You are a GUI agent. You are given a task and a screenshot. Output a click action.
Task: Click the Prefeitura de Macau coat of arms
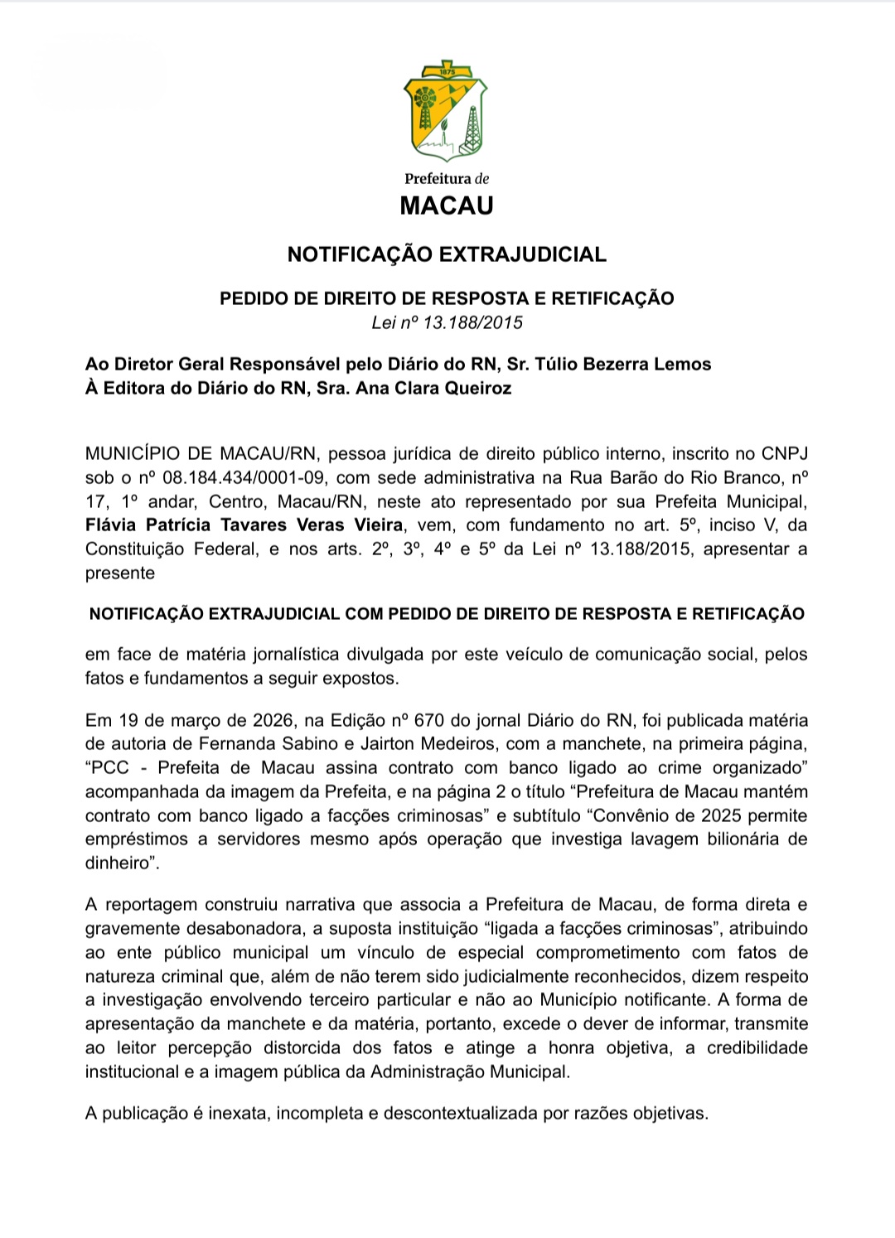tap(446, 111)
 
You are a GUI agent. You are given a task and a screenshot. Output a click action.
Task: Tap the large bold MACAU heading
tap(447, 206)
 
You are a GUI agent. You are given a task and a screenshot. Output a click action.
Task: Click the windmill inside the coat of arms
tap(424, 104)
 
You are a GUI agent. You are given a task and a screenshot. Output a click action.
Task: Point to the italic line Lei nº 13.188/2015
tap(447, 322)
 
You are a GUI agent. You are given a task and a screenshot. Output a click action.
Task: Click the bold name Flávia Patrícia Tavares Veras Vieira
tap(244, 525)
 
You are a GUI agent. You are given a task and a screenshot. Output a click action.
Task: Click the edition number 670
tap(434, 720)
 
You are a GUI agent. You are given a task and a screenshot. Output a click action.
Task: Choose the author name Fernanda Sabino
tap(286, 744)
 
